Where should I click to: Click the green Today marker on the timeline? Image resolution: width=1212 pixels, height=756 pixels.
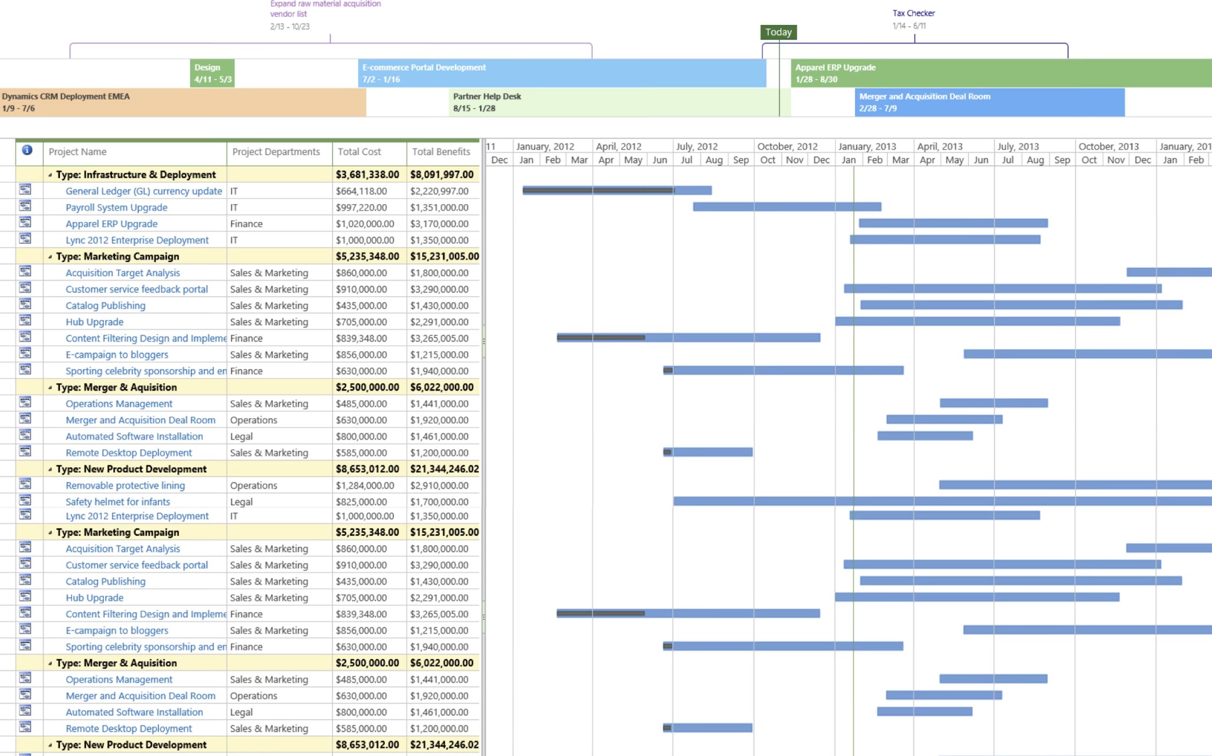click(x=778, y=32)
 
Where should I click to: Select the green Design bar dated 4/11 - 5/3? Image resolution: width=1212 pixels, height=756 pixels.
click(x=212, y=73)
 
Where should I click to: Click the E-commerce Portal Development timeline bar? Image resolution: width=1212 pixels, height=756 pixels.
click(x=562, y=73)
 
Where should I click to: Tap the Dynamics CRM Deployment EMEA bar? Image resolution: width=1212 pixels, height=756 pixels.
click(x=182, y=102)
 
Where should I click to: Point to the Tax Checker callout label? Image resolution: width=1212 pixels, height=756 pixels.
click(x=914, y=13)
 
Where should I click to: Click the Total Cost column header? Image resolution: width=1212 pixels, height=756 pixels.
click(x=359, y=152)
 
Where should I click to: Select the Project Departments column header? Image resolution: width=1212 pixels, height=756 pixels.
click(x=276, y=152)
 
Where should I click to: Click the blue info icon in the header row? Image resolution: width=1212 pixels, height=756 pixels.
click(x=27, y=150)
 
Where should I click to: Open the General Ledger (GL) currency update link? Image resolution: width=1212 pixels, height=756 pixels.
click(x=143, y=191)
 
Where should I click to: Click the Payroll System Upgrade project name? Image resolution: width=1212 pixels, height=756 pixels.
click(x=116, y=207)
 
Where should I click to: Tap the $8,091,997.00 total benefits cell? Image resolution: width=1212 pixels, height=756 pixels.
click(x=442, y=174)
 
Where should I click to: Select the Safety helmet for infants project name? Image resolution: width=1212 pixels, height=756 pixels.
click(x=118, y=502)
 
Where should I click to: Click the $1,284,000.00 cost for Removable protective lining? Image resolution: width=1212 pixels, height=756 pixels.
click(x=365, y=485)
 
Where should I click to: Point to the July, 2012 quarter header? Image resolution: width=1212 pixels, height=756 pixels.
click(x=696, y=146)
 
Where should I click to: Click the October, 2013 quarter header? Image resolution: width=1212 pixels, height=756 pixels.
click(x=1108, y=146)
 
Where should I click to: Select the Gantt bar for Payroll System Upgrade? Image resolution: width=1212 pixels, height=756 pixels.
click(x=787, y=207)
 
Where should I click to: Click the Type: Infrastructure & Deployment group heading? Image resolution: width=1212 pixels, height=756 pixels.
click(x=136, y=174)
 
